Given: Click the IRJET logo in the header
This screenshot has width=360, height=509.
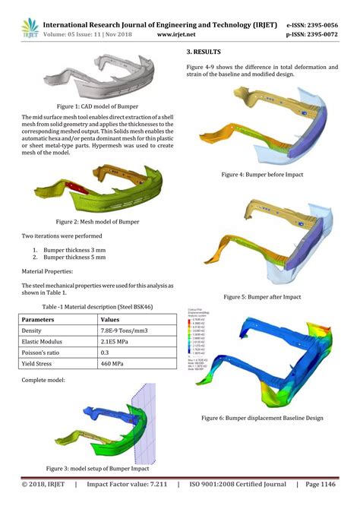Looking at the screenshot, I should pyautogui.click(x=29, y=29).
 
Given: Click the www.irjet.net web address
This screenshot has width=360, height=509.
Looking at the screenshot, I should pyautogui.click(x=178, y=34).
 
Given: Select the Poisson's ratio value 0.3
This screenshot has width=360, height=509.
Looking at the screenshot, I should pyautogui.click(x=106, y=354).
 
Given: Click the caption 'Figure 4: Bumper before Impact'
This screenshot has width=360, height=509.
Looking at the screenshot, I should pyautogui.click(x=262, y=174).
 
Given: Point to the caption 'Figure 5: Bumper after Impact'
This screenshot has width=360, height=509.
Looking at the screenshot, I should pyautogui.click(x=262, y=296).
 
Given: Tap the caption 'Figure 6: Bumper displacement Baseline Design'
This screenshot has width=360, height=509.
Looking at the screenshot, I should pyautogui.click(x=262, y=418).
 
